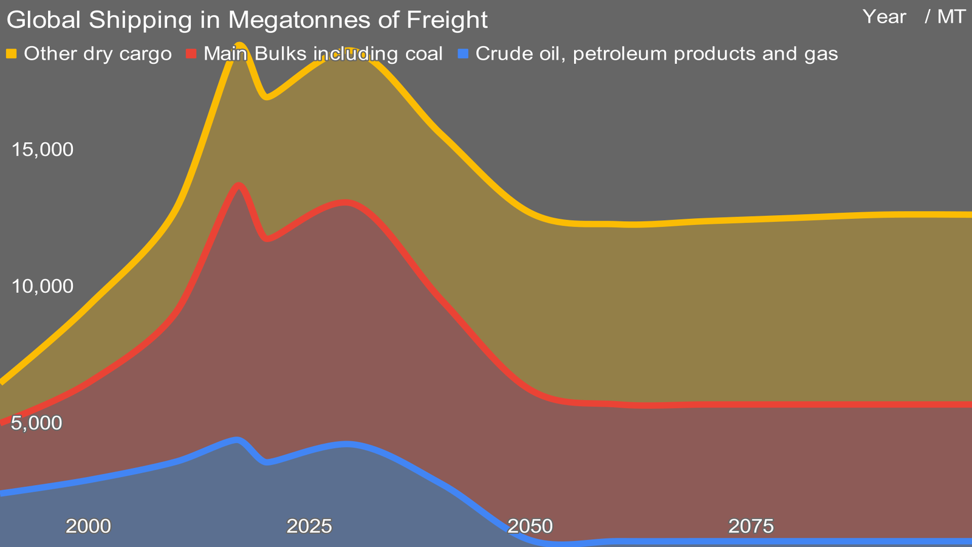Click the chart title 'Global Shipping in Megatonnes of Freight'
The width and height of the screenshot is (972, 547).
point(247,19)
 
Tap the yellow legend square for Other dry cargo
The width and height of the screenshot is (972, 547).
point(11,54)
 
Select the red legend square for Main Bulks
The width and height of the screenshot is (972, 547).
point(191,54)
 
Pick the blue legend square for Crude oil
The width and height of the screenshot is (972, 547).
point(464,54)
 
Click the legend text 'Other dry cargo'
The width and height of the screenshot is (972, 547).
point(97,54)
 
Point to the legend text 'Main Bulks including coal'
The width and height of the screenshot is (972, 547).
point(323,54)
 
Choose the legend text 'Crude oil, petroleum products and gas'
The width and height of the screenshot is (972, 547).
point(656,54)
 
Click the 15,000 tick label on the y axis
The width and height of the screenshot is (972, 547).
point(43,150)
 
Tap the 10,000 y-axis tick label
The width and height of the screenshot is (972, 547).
point(43,286)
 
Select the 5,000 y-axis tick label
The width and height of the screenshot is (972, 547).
point(37,423)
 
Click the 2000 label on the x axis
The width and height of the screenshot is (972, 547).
point(88,526)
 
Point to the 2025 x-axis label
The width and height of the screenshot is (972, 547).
point(309,526)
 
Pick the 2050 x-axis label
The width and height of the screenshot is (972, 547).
point(530,526)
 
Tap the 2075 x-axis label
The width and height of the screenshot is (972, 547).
point(751,526)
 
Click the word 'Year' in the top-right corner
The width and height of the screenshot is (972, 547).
point(884,17)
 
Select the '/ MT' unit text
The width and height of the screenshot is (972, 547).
point(945,17)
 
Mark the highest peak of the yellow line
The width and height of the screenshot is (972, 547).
point(240,44)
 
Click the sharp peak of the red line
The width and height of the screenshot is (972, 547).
point(239,185)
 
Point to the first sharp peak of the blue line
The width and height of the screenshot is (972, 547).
point(236,439)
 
